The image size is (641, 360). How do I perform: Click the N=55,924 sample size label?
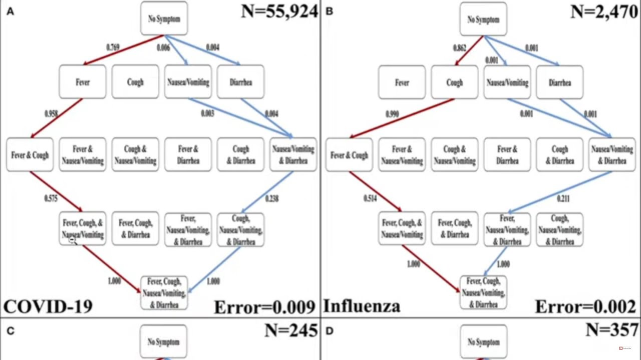click(279, 11)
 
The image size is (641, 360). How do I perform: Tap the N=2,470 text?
click(604, 11)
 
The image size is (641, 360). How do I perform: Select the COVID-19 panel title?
click(48, 305)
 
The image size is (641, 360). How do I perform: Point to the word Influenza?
click(362, 305)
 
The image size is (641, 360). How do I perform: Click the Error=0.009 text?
click(264, 307)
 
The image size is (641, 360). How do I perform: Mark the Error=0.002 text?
click(585, 307)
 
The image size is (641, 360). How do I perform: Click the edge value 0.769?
click(113, 47)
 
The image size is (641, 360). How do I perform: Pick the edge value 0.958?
click(51, 114)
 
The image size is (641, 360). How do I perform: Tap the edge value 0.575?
click(51, 199)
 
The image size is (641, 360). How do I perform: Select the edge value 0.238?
click(272, 199)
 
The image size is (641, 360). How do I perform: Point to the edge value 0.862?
click(459, 48)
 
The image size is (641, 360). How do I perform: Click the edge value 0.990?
click(392, 114)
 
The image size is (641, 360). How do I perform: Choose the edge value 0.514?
click(371, 199)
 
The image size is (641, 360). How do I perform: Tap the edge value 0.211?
click(563, 199)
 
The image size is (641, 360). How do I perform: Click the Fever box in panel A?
click(83, 82)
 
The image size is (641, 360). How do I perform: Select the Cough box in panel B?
click(454, 82)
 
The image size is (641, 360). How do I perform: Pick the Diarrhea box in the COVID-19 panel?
click(241, 82)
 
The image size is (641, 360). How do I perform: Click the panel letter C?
click(10, 330)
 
